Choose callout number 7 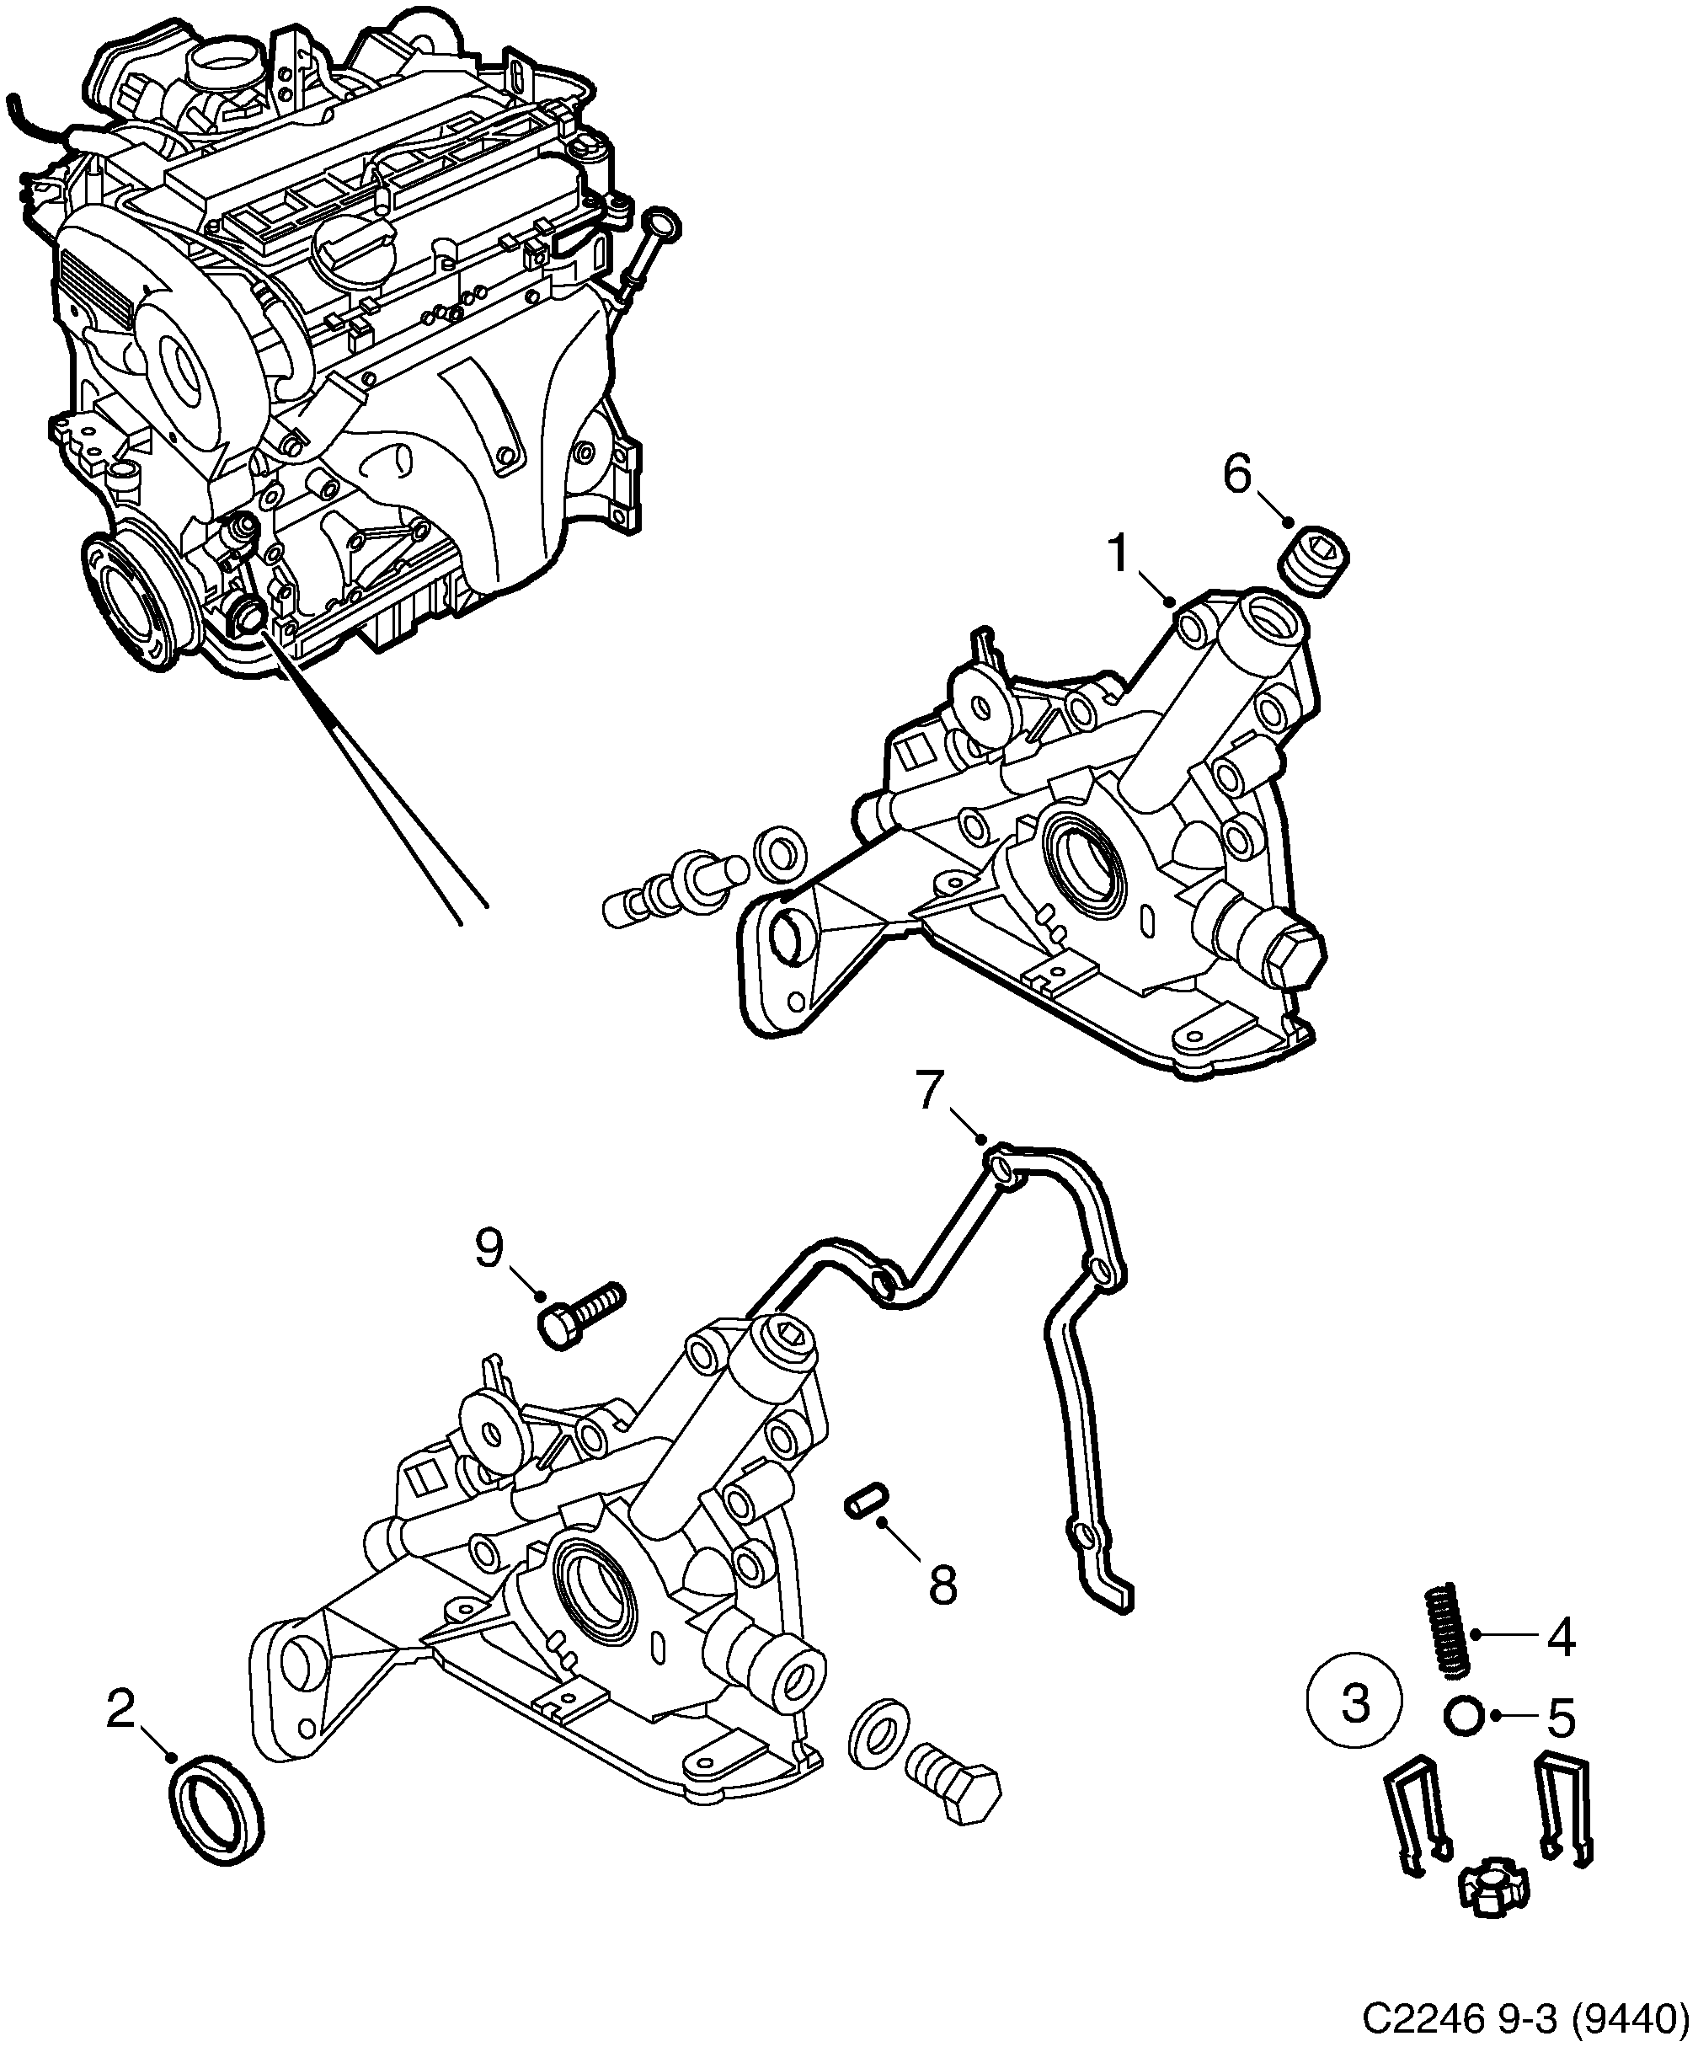[x=932, y=1093]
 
